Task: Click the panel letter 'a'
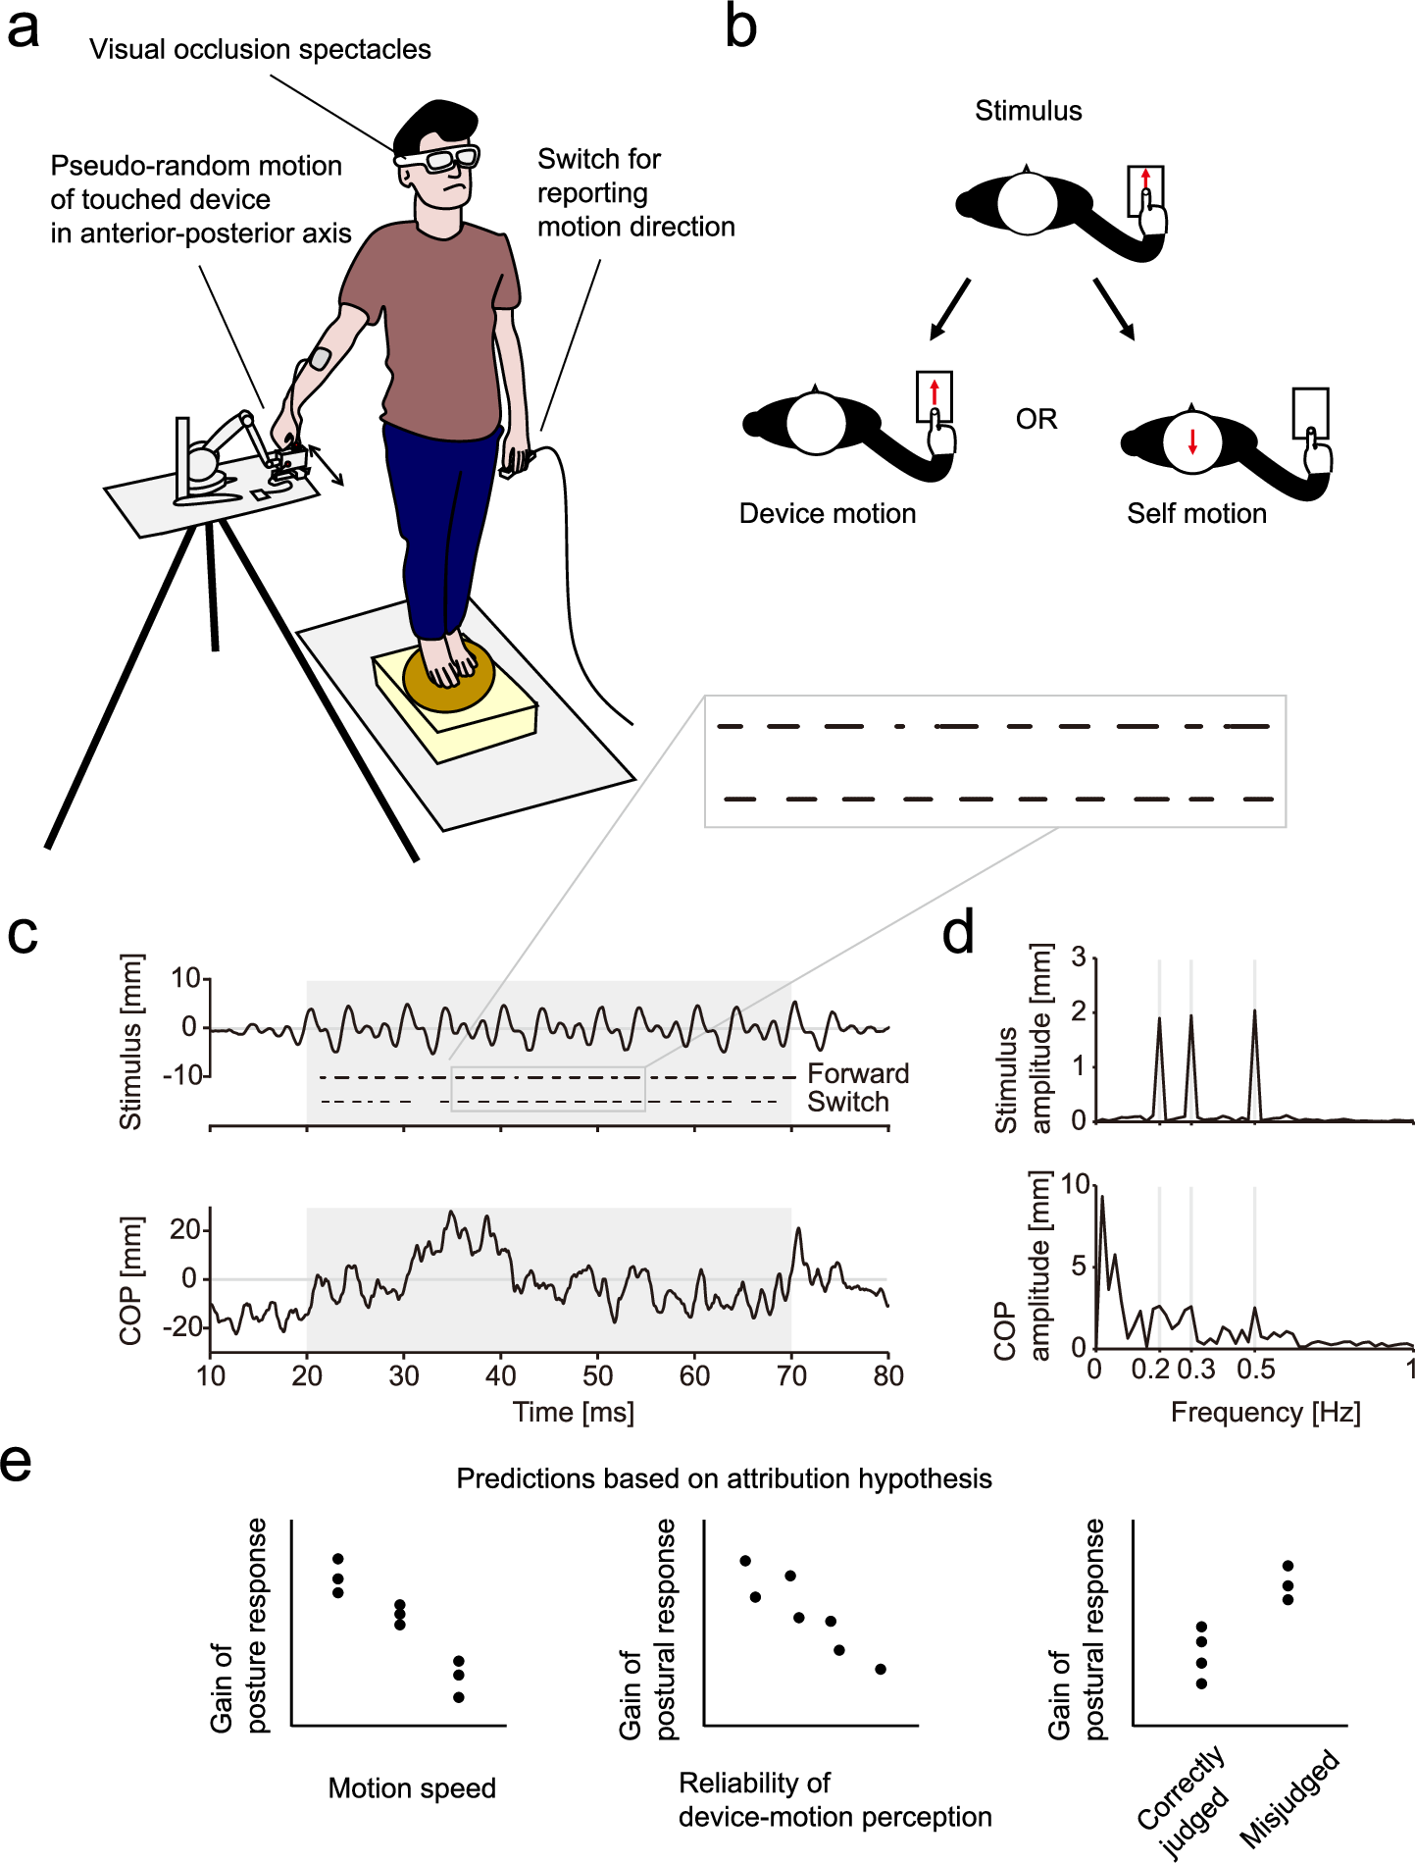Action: click(23, 29)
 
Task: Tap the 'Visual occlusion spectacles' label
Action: click(260, 50)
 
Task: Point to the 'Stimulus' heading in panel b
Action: click(1028, 111)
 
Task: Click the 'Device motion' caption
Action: click(827, 513)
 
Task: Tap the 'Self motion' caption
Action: click(1196, 513)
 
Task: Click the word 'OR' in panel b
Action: click(1036, 420)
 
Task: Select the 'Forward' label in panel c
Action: click(858, 1073)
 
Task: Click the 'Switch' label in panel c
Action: click(848, 1102)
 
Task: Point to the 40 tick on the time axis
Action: click(500, 1375)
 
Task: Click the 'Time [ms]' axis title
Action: click(574, 1413)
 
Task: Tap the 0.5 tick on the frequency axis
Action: click(1255, 1370)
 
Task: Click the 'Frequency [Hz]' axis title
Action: click(1265, 1413)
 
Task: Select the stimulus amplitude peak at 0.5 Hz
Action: click(1254, 1014)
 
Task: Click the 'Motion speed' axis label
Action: click(412, 1788)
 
